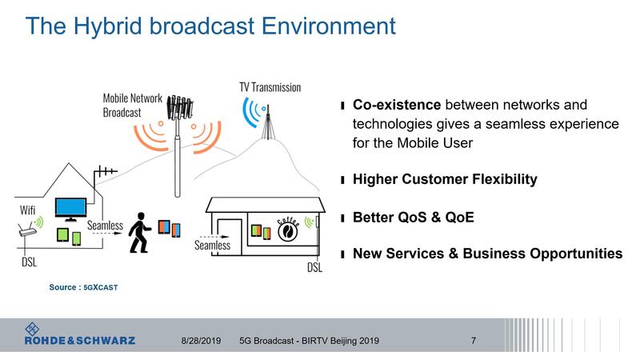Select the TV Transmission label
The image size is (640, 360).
point(270,86)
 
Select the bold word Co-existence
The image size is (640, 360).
point(397,106)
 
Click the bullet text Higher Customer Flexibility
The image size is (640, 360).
point(445,179)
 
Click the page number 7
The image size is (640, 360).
point(474,341)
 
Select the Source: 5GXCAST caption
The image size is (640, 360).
point(83,286)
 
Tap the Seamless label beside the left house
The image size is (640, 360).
point(105,226)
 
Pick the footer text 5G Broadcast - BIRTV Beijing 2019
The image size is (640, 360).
point(309,341)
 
